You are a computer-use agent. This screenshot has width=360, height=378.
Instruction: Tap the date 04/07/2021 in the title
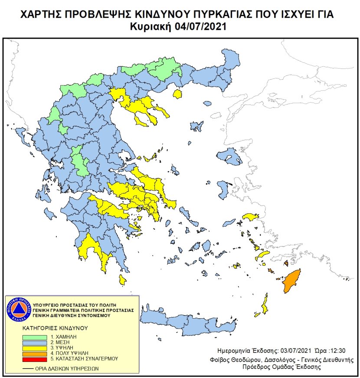(200, 26)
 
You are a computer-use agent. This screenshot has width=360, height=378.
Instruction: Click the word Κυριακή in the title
(152, 26)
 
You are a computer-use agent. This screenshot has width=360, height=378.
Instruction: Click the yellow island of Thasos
(177, 94)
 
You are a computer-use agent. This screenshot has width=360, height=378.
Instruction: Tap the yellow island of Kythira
(123, 280)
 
